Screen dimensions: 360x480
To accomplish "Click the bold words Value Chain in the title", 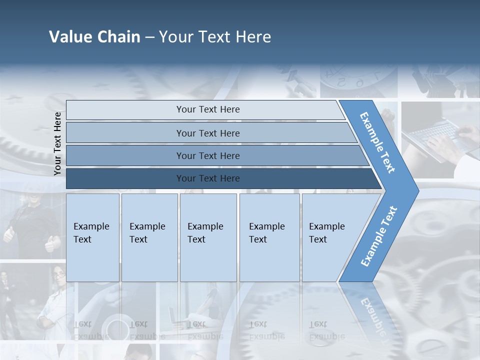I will tap(94, 37).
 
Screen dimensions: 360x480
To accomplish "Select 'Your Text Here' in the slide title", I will tap(215, 37).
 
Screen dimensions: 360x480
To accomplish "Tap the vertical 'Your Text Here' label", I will tap(58, 143).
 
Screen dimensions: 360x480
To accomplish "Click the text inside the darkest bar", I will tap(208, 178).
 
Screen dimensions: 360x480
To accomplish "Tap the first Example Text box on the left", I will tap(92, 237).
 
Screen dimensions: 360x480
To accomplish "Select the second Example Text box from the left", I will tap(149, 237).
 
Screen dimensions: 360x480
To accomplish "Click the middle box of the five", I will tap(208, 237).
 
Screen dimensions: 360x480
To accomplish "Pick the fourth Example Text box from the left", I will tap(269, 237).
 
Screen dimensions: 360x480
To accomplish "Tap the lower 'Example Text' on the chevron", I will tap(379, 236).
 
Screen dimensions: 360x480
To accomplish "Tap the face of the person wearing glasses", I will tap(59, 275).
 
